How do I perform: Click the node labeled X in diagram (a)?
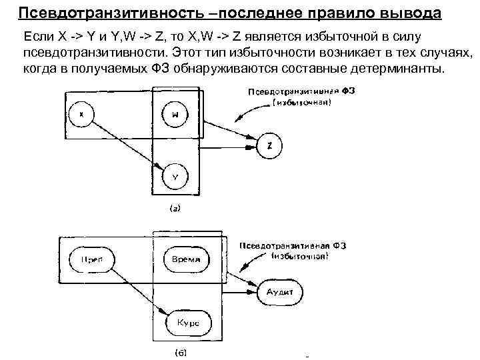(x=81, y=114)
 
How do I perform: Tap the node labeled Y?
(x=175, y=177)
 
